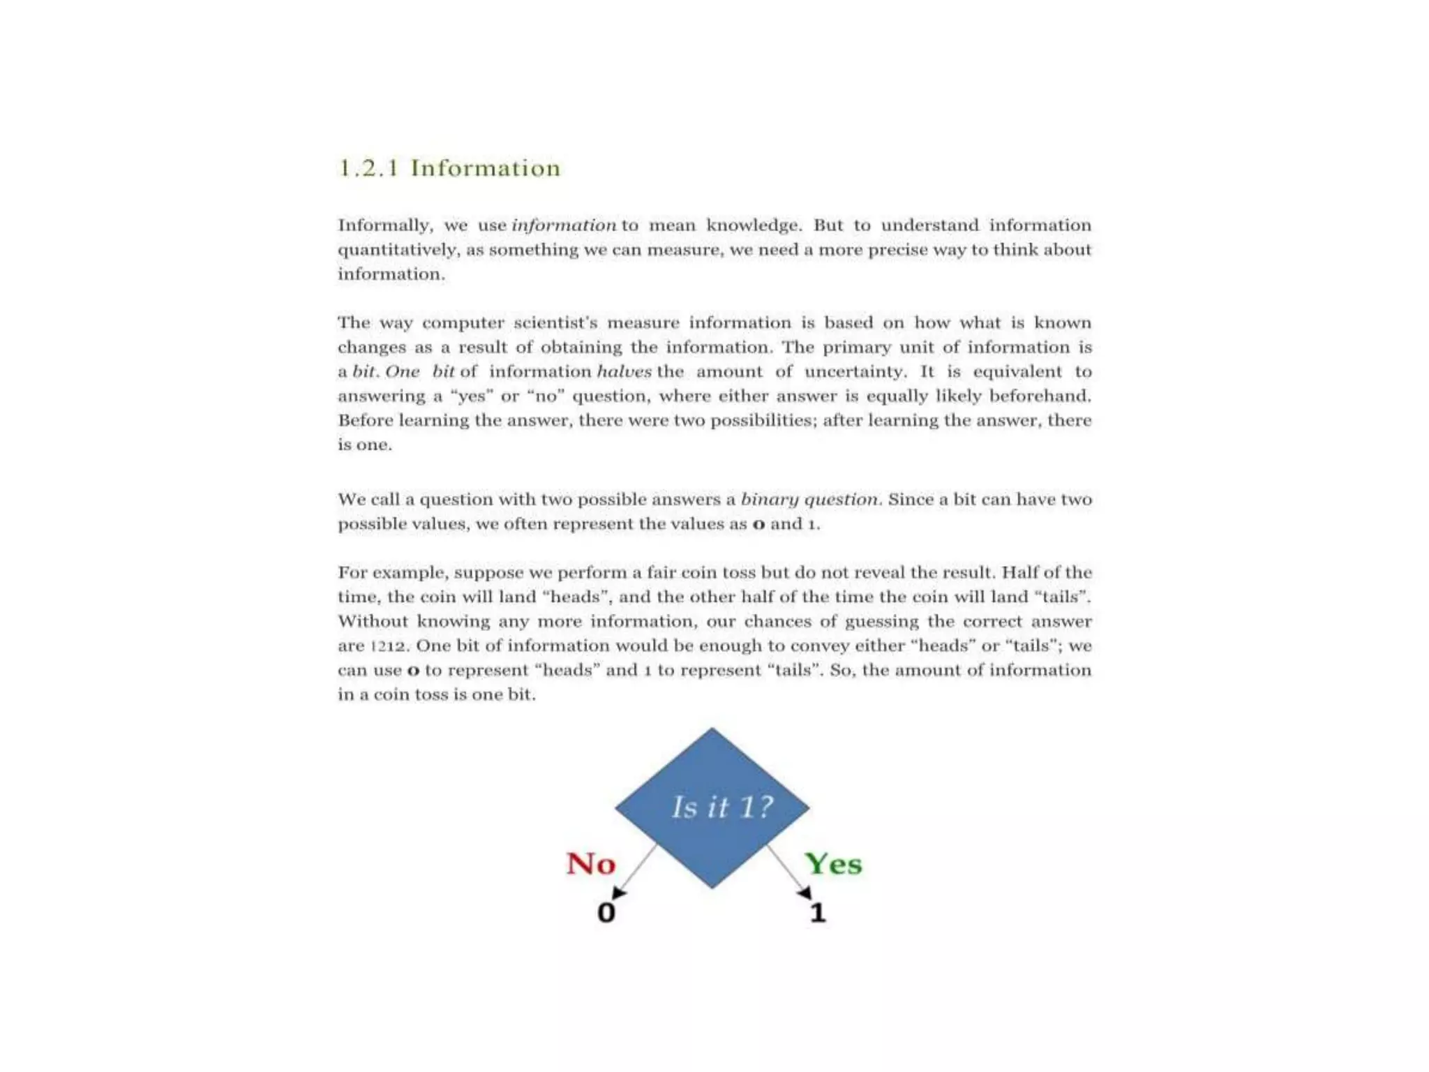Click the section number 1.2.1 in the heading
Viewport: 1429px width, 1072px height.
pos(368,168)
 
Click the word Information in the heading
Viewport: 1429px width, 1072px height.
pos(486,168)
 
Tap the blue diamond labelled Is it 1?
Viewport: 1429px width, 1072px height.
pos(712,807)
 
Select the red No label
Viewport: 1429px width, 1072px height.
pos(591,864)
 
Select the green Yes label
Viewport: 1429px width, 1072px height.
pos(833,864)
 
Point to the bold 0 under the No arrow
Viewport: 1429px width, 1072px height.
pos(606,912)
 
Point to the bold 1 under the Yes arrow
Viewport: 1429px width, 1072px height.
pos(818,912)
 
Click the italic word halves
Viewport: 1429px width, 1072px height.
pos(624,371)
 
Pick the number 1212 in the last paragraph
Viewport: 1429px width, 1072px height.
pos(388,646)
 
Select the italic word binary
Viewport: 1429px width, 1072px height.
pos(769,500)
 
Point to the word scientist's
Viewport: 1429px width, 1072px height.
pos(555,322)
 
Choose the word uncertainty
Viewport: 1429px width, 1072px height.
pos(855,371)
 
